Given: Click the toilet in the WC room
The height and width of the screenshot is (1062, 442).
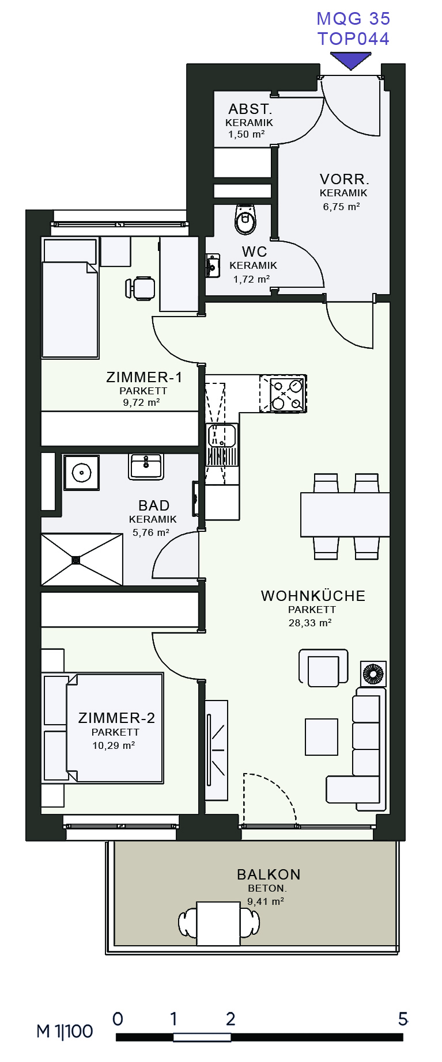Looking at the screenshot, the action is point(245,219).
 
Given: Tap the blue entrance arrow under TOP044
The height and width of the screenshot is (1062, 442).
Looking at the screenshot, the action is point(350,60).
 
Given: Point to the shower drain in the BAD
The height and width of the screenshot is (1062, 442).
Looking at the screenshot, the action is point(76,559).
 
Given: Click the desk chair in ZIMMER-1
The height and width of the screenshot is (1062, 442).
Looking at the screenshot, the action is point(141,288).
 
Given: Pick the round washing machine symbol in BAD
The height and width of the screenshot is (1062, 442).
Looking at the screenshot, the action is point(81,473).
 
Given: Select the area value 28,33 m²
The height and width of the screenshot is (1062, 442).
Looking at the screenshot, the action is point(310,623).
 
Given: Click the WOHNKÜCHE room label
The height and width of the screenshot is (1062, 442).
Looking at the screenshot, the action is point(313,596).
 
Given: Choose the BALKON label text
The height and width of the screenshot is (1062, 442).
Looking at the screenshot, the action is point(269,874).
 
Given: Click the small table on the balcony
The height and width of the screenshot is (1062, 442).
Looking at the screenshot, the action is point(218,923).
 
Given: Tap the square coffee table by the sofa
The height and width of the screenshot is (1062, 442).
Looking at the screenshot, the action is point(322,737).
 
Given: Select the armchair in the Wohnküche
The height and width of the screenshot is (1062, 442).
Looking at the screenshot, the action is point(323,668).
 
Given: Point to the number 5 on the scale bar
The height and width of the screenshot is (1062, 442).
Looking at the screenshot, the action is point(403,1019).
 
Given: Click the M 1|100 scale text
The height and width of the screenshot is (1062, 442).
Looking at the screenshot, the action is point(65,1031).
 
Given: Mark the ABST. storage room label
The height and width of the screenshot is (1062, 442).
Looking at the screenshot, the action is point(250,109).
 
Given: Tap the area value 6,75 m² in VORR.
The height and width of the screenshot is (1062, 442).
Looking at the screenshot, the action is point(341,207).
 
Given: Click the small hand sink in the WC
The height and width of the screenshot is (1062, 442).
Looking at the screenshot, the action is point(212,265).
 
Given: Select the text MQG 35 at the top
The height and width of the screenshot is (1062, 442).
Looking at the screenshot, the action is point(353,18).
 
